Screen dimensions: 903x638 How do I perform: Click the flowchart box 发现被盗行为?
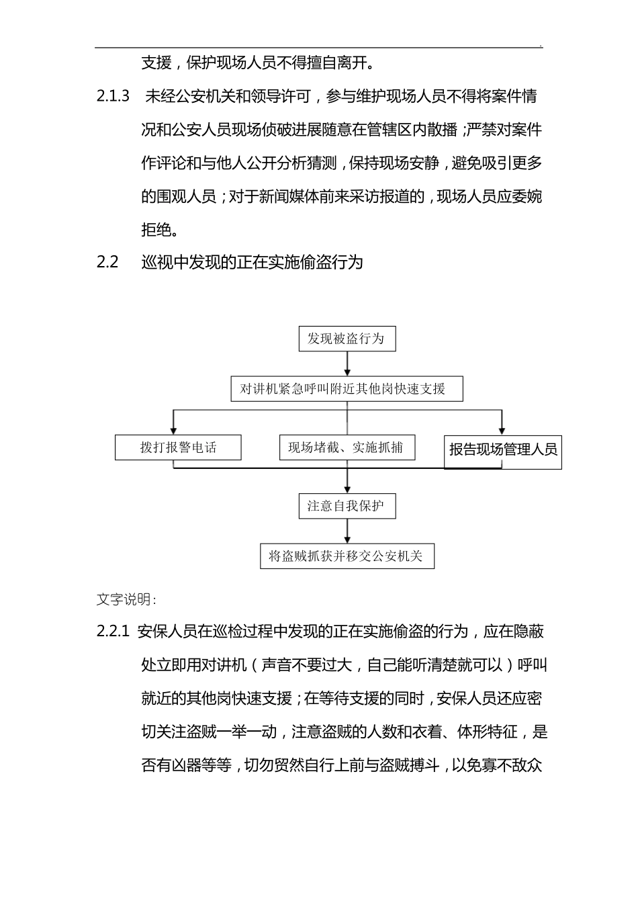point(347,339)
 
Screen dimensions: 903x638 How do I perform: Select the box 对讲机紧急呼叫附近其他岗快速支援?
point(347,389)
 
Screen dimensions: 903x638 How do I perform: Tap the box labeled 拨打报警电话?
point(178,448)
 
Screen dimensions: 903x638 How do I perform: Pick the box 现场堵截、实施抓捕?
point(347,448)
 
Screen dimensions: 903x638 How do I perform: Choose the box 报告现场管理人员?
point(503,450)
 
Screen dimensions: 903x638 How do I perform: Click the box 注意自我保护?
point(347,506)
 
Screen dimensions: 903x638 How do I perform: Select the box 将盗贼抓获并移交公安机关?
point(347,556)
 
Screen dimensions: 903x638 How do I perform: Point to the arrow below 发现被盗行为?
point(347,363)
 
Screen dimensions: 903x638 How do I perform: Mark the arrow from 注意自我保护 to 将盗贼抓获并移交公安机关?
point(347,531)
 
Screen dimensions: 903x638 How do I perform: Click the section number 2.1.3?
point(113,96)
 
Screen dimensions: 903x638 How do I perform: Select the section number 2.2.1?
point(112,632)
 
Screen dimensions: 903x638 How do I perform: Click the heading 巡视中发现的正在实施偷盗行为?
point(253,262)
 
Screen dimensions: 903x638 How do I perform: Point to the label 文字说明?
point(127,599)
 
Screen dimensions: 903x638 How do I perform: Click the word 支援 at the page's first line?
point(156,63)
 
